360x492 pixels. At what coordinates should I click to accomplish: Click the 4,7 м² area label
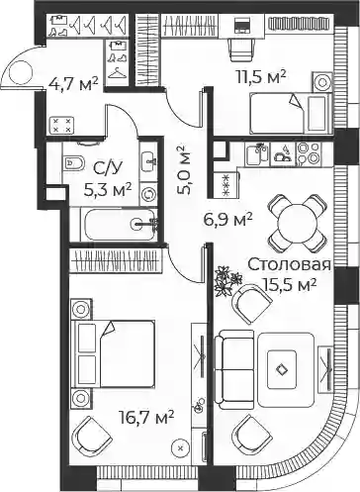73,84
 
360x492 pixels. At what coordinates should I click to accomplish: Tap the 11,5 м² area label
261,76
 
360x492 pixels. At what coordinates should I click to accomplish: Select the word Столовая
289,264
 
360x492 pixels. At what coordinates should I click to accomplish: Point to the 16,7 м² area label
146,417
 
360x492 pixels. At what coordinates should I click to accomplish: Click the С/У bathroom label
108,169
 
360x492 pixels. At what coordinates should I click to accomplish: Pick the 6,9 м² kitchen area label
227,220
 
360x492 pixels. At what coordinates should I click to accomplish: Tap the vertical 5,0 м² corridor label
184,170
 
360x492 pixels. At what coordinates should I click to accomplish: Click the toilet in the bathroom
72,162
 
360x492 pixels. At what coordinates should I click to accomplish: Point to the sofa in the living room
234,369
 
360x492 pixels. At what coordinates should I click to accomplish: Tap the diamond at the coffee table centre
281,369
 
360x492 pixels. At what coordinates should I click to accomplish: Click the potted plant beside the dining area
228,281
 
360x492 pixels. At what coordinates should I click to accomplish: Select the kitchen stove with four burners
309,153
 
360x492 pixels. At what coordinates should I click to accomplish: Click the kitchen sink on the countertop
257,154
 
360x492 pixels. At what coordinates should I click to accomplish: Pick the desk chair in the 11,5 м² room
242,49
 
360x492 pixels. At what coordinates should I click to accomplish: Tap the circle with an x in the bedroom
180,447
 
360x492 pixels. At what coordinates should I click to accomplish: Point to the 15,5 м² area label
289,284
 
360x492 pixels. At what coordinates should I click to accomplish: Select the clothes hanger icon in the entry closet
117,73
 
